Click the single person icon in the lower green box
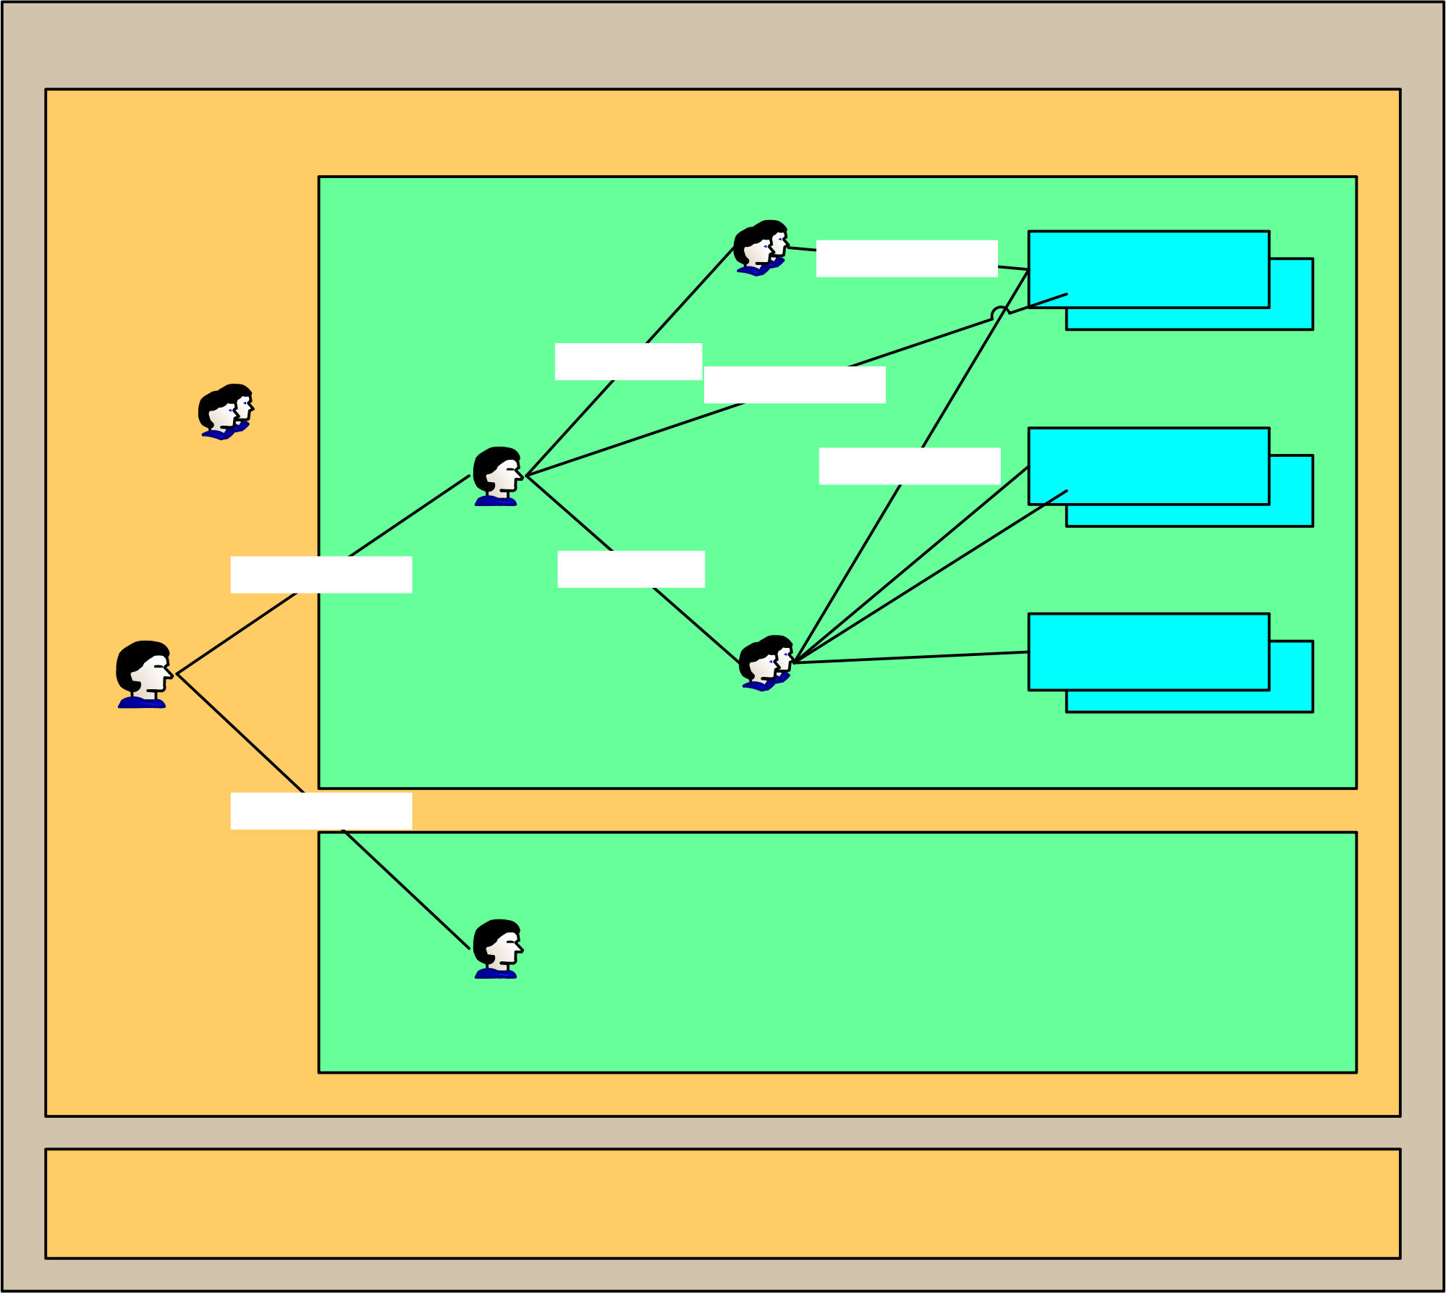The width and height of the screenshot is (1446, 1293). click(497, 949)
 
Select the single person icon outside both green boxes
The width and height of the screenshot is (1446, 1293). click(143, 675)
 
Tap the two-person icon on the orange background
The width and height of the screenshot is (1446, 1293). click(226, 412)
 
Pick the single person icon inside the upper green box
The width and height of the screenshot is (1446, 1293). click(497, 476)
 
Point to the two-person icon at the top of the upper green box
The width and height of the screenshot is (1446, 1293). click(761, 248)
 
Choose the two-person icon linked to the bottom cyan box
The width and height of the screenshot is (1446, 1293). click(766, 663)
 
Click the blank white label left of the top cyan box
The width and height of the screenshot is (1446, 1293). click(907, 258)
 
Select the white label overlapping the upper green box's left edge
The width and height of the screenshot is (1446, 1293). click(321, 575)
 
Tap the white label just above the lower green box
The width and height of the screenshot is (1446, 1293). click(321, 811)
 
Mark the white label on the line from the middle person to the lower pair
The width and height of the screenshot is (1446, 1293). click(631, 569)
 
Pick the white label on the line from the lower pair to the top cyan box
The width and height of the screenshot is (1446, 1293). click(910, 466)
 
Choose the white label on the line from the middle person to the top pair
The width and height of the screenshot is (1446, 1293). click(628, 361)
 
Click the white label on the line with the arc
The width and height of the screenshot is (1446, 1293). click(795, 384)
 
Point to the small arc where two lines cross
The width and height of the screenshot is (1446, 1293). click(1000, 311)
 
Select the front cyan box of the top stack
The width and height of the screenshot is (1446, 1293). click(1149, 269)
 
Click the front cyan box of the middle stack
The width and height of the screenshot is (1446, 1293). click(1149, 466)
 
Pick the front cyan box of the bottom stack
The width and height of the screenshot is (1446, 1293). click(1149, 652)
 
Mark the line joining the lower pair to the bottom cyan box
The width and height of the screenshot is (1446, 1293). click(912, 657)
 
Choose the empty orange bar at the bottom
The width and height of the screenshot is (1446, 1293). click(723, 1203)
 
